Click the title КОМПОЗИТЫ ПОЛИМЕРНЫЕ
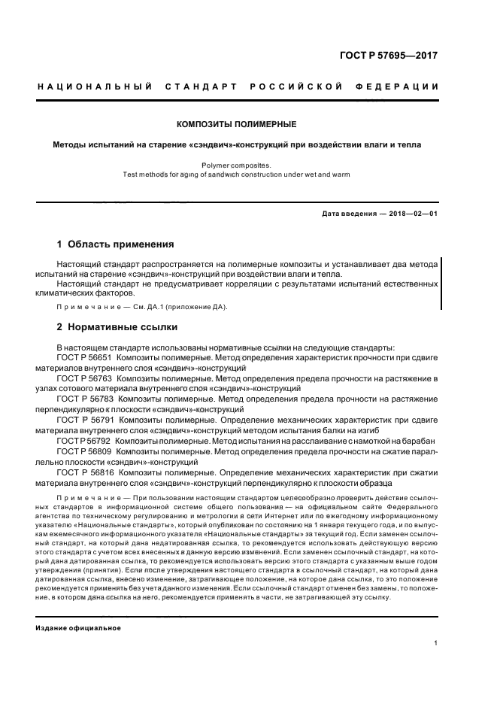pos(236,124)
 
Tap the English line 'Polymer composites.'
pos(236,165)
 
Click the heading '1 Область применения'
pos(116,244)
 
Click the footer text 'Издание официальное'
pos(78,627)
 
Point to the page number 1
pos(435,643)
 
